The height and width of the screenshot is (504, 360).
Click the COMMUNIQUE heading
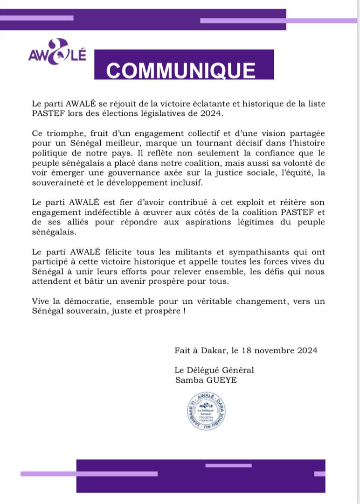(181, 70)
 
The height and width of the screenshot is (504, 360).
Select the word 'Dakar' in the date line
(217, 350)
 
